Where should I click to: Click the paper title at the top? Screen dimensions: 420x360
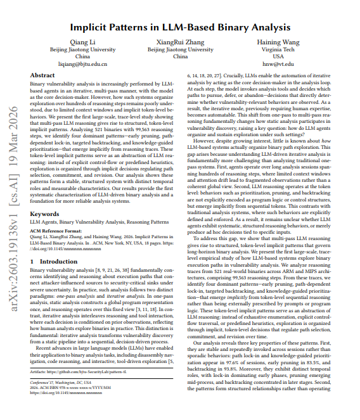(180, 27)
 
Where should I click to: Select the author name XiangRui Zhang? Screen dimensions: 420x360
(180, 42)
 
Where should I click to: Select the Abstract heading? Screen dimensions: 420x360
(42, 75)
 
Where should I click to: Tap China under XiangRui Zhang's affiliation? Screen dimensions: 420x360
(180, 56)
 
